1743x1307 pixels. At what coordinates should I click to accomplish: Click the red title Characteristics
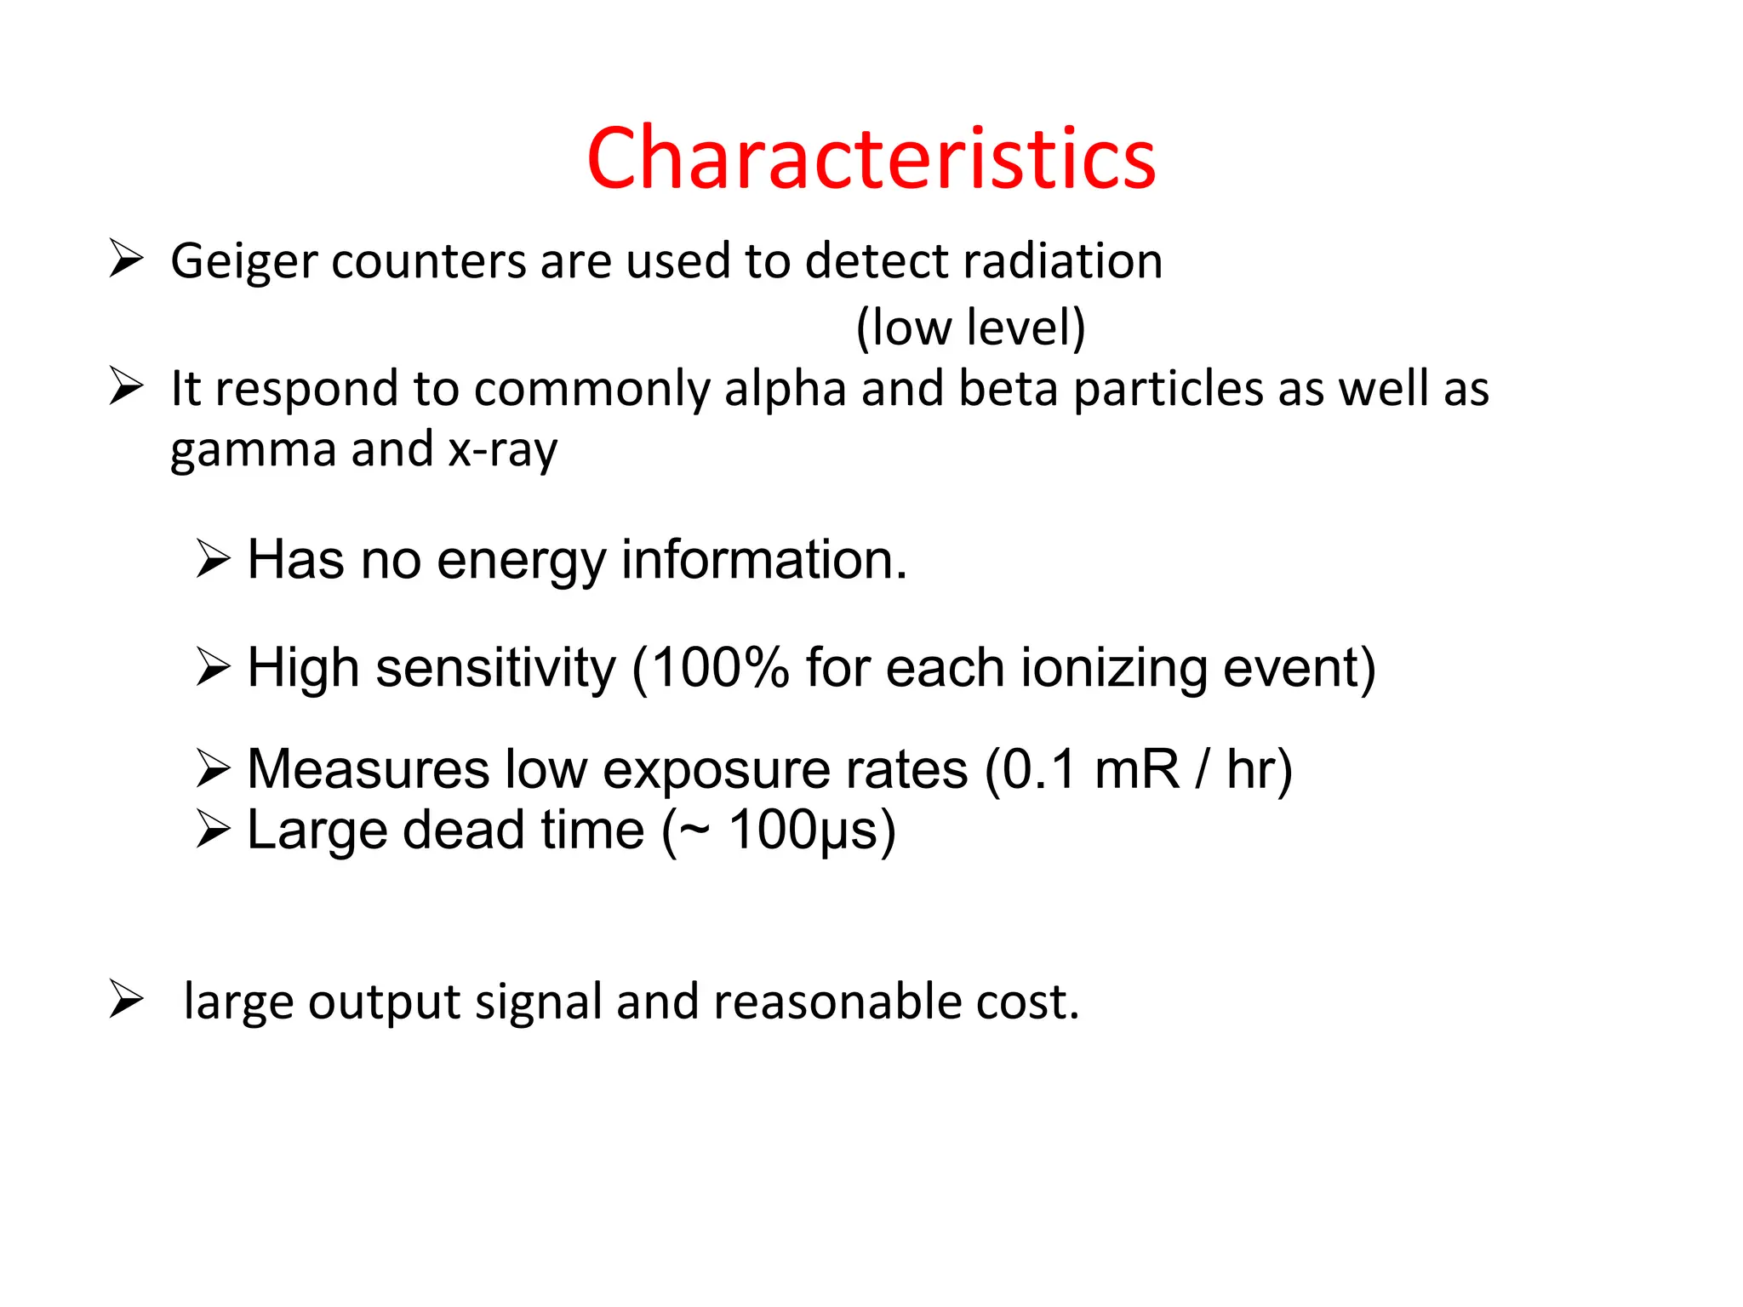coord(871,158)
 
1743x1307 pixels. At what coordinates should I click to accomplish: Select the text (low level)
coord(970,328)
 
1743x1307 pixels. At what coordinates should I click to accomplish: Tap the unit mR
coord(1137,769)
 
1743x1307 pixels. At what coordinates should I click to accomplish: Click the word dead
coord(465,830)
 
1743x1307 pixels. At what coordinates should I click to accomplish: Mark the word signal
coord(538,1002)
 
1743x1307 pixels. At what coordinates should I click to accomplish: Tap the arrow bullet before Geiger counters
coord(126,259)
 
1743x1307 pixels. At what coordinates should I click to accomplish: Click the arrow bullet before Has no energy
coord(213,559)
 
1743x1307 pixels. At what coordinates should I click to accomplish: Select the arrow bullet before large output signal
coord(126,999)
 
